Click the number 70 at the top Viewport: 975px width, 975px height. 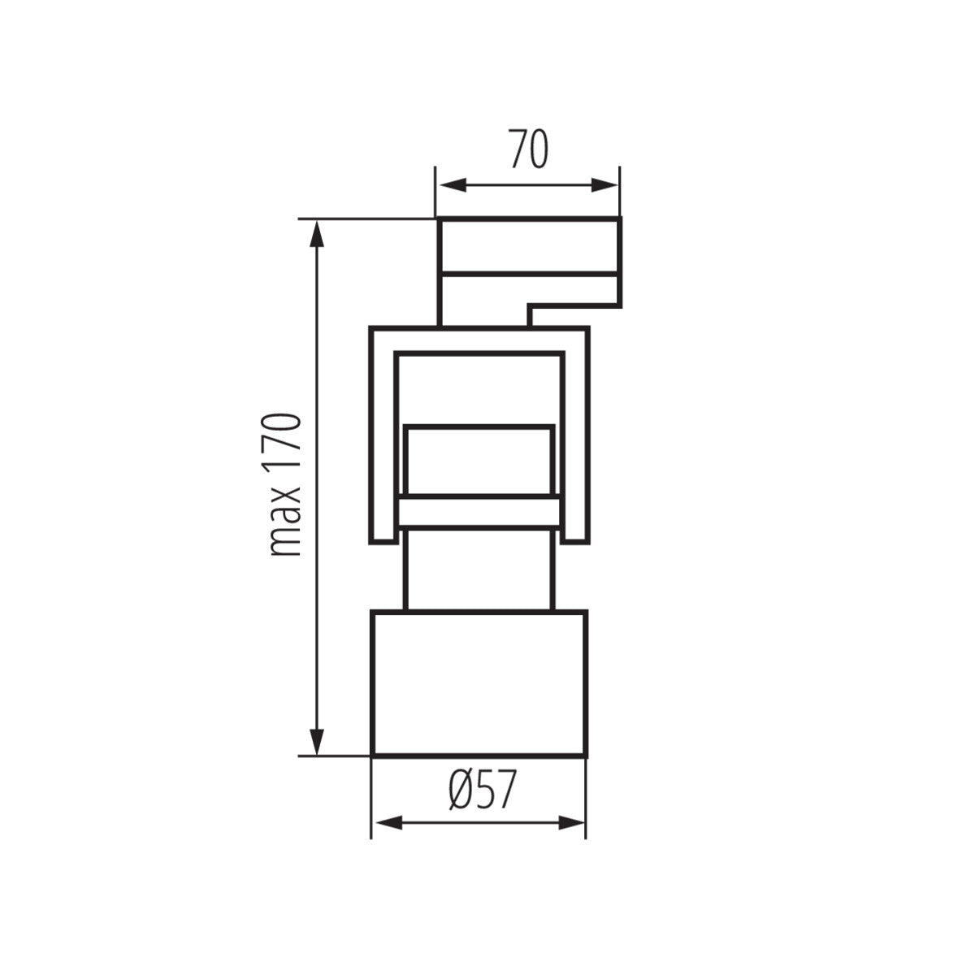(528, 149)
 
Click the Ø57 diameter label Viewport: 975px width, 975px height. (482, 790)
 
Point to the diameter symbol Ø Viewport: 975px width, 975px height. (461, 790)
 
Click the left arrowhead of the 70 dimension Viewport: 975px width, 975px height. (452, 186)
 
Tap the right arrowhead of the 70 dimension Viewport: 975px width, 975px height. (604, 186)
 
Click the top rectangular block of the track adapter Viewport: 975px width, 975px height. (528, 245)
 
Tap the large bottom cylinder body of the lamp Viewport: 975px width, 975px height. (479, 682)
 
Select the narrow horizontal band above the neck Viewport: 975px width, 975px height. (479, 513)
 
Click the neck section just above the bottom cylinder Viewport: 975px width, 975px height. (479, 569)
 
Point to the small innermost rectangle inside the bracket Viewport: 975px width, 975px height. (479, 460)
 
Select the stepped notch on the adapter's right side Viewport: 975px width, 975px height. (573, 306)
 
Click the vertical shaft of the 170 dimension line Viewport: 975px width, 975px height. (317, 487)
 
